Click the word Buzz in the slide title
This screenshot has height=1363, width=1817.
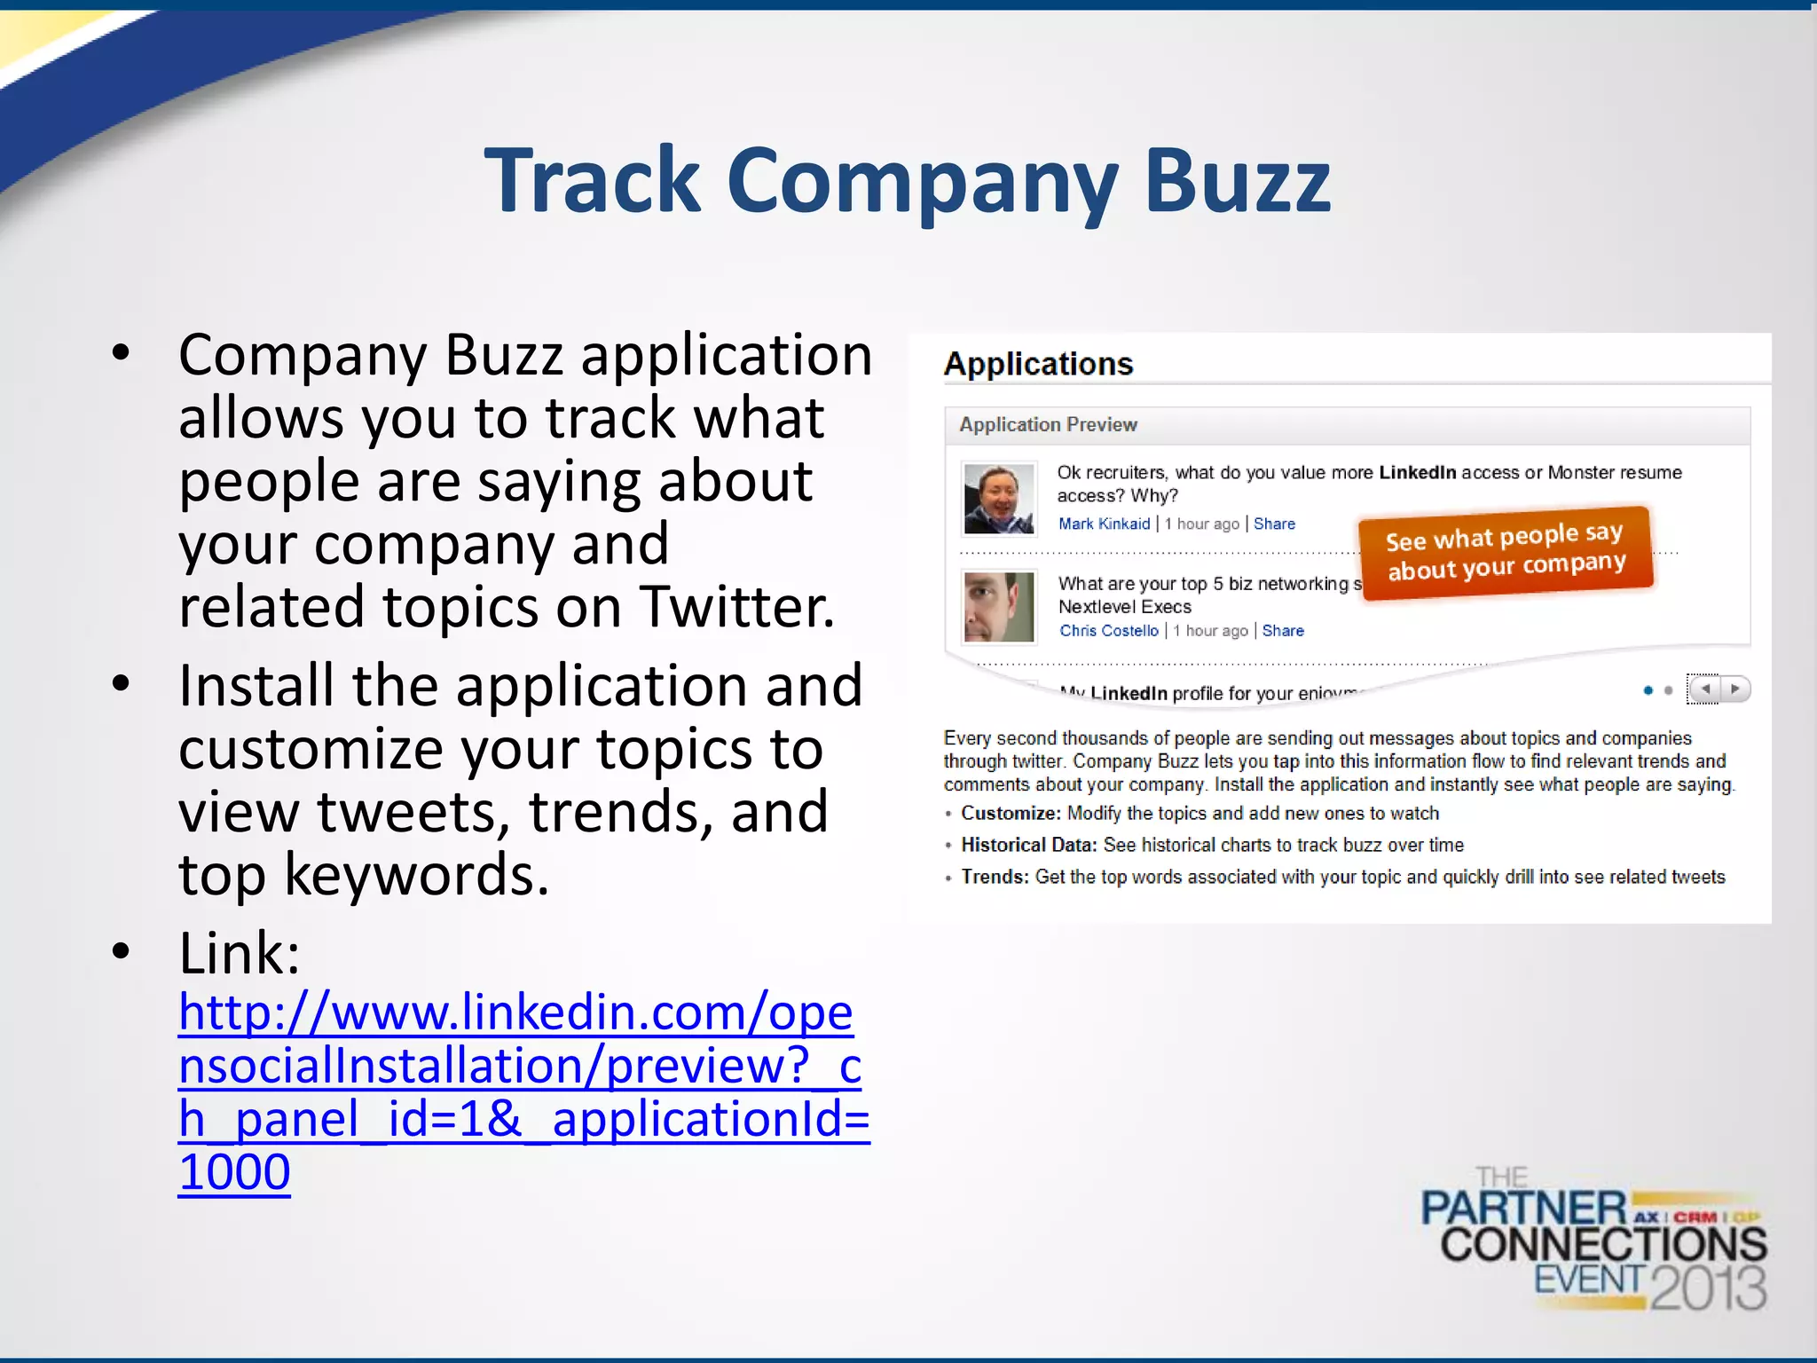click(x=1237, y=183)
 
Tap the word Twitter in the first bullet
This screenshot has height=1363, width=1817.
click(x=736, y=607)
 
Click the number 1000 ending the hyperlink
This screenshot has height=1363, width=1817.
click(x=234, y=1172)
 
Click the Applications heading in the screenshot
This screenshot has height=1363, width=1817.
click(x=1038, y=364)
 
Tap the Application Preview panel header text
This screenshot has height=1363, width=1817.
click(x=1048, y=425)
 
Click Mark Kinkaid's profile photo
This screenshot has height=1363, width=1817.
click(x=999, y=499)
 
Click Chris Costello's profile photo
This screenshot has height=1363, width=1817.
click(x=999, y=607)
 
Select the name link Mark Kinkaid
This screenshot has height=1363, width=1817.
click(x=1104, y=524)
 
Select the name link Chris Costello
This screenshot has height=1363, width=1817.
click(x=1109, y=631)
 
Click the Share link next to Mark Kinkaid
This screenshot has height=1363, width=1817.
click(x=1274, y=524)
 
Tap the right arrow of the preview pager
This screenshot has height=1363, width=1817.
click(x=1735, y=689)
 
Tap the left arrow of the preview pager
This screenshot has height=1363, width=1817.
click(x=1704, y=689)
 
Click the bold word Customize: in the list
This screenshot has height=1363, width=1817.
click(x=1011, y=814)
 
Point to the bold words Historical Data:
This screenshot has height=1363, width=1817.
click(x=1029, y=846)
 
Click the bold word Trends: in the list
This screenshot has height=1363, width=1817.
click(x=995, y=878)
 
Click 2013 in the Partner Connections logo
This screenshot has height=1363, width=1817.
click(x=1708, y=1288)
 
